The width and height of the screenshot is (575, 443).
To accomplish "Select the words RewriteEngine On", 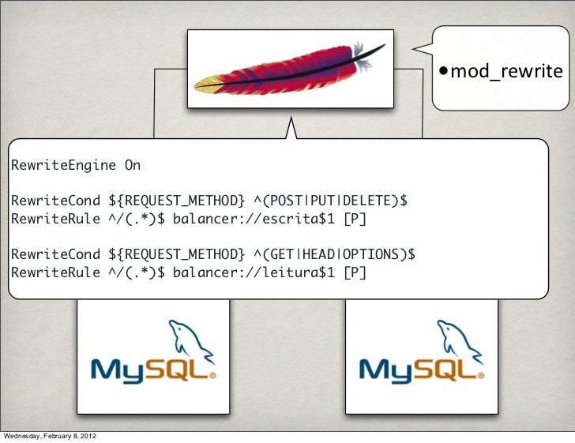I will point(75,166).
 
